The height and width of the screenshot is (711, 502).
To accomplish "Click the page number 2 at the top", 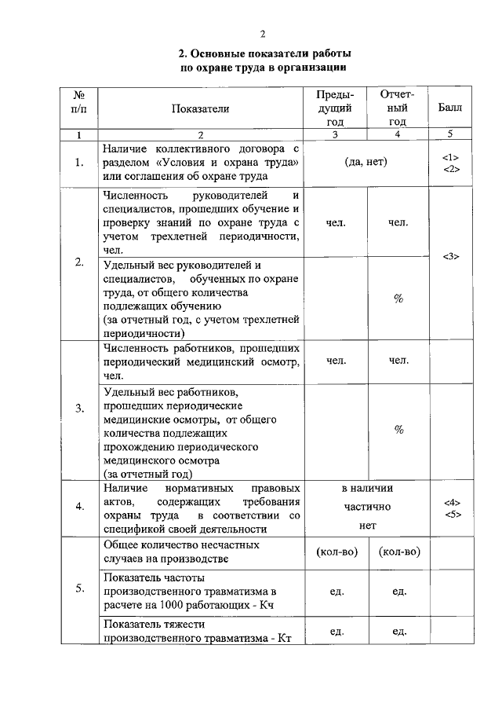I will click(264, 33).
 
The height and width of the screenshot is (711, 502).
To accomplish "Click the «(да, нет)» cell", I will click(366, 162).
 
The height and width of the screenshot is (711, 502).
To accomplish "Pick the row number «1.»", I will click(79, 163).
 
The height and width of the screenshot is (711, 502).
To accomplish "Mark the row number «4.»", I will click(79, 507).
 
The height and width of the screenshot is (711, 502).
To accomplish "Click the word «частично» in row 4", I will click(366, 507).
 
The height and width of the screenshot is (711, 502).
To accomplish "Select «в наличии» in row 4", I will click(366, 488).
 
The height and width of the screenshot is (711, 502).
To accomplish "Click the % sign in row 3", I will click(398, 430).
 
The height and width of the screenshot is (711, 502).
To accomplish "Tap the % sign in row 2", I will click(398, 299).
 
